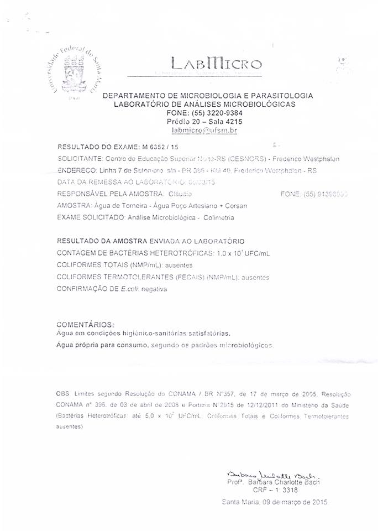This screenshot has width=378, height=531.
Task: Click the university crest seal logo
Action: coord(72,72)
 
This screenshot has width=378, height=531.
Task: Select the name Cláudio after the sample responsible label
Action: coord(177,194)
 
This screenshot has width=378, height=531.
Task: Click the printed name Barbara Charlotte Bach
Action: coord(285,482)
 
